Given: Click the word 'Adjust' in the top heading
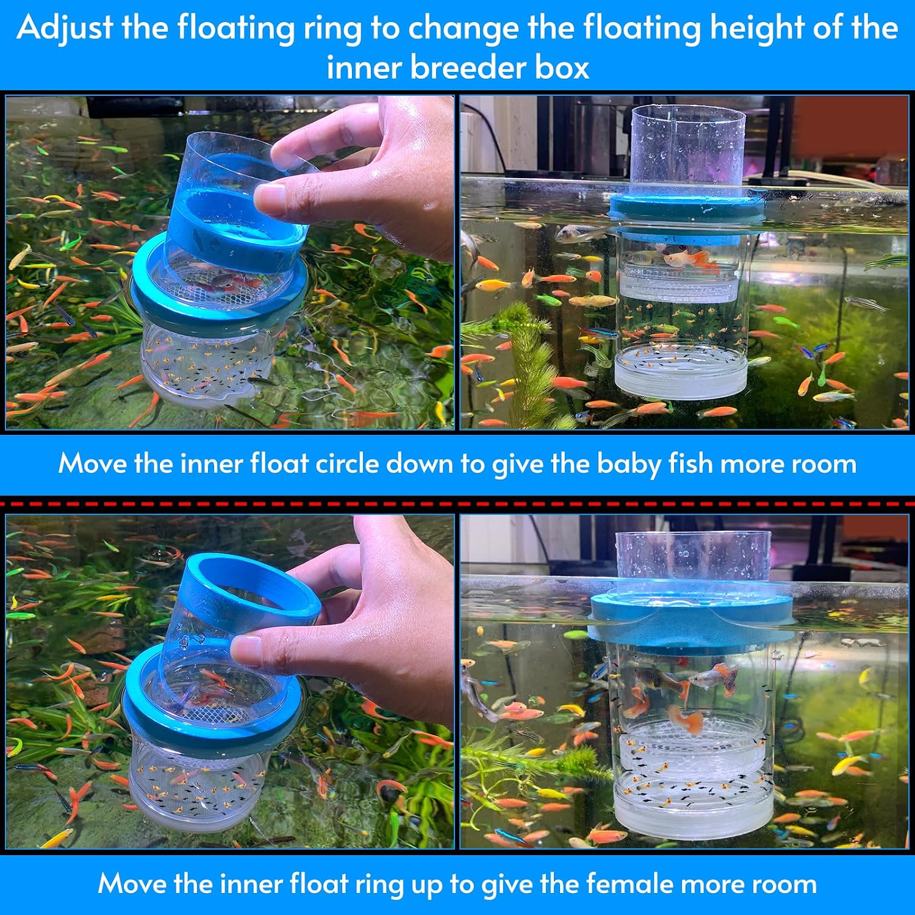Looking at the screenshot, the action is point(65,28).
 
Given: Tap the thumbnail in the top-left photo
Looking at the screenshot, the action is point(270,194).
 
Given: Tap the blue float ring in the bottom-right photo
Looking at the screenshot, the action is point(691,616).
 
